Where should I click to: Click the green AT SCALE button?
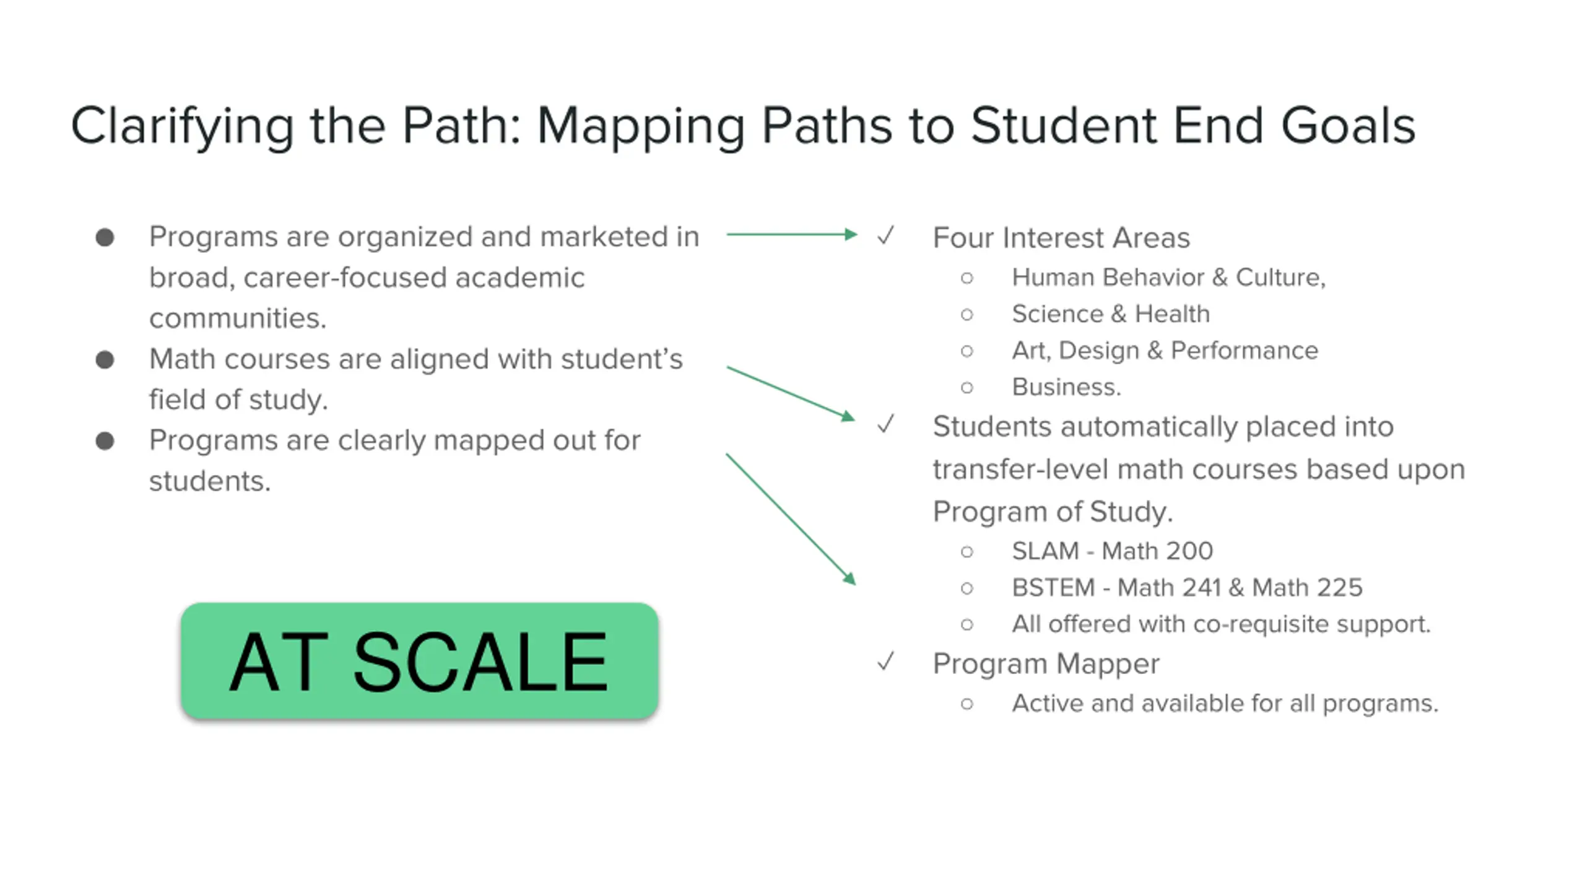(419, 661)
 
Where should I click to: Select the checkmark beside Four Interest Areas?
(886, 235)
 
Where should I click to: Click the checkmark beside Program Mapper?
(886, 662)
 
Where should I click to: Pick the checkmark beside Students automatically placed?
(886, 424)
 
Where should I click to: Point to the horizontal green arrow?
(791, 234)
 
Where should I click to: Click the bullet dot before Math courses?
(105, 360)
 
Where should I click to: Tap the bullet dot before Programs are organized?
(105, 237)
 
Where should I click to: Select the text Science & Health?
(1110, 314)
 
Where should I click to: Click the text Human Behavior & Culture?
(1168, 278)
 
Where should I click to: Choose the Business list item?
(1066, 387)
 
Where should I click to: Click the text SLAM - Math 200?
(1112, 551)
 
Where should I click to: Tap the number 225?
(1340, 587)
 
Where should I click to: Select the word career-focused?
(345, 278)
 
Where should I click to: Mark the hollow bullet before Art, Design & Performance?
(967, 351)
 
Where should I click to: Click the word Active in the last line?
(1047, 704)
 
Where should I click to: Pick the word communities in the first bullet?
(237, 318)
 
